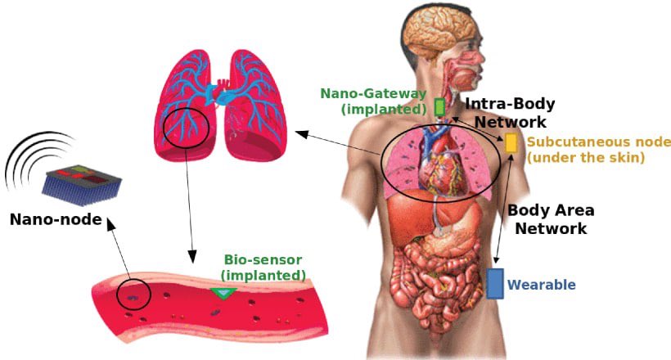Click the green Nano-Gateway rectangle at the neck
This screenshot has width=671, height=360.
[439, 106]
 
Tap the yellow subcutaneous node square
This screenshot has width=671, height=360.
[511, 143]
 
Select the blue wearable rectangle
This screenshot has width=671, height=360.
[494, 283]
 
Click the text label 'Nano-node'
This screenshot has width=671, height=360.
[56, 219]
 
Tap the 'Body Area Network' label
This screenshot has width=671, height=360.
[551, 218]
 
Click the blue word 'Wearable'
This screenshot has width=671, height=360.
[542, 285]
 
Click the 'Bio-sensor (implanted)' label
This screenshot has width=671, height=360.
[263, 267]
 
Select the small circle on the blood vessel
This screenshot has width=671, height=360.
[133, 292]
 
